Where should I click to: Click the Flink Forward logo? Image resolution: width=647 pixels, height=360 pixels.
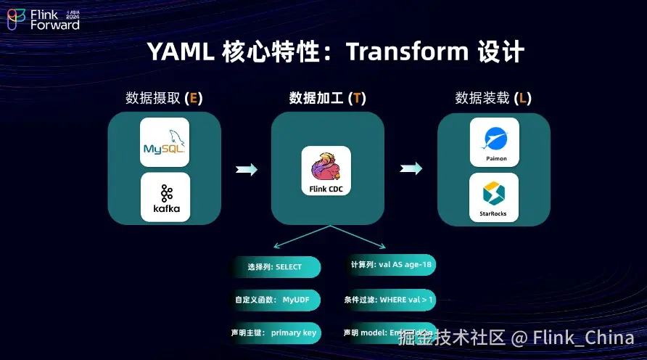44,20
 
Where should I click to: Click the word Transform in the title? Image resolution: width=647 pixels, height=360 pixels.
407,52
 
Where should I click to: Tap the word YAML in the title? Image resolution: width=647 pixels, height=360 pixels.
177,52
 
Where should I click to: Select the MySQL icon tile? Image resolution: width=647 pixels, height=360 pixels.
165,142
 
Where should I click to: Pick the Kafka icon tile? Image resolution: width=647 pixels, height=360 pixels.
165,197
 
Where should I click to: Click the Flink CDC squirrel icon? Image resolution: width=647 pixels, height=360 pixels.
326,166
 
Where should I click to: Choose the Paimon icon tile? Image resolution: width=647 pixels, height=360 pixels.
494,142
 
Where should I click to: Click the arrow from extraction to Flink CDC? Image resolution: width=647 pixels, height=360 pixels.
247,169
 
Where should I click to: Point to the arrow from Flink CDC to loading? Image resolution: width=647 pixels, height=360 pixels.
411,169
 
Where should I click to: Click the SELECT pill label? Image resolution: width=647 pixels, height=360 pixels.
275,267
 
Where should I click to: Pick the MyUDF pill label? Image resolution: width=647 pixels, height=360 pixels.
275,300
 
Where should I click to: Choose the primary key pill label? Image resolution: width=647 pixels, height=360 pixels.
275,333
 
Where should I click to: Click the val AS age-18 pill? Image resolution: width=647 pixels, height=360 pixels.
391,265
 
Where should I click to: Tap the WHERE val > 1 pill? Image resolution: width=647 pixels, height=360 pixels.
390,299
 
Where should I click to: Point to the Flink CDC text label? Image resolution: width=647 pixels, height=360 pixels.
326,190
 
